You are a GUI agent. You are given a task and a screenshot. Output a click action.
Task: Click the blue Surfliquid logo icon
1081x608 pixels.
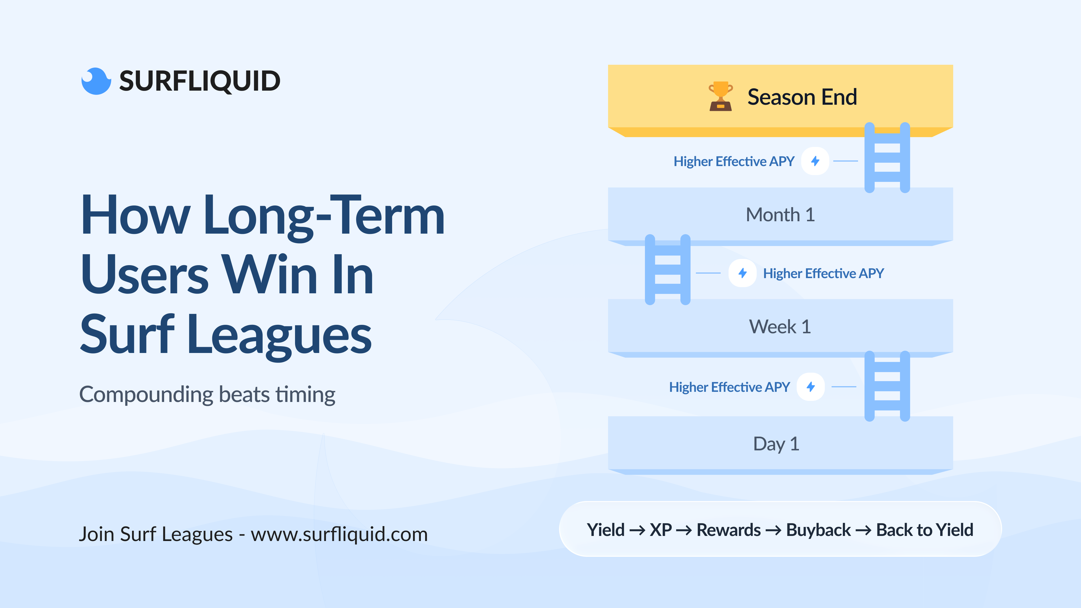[x=96, y=81]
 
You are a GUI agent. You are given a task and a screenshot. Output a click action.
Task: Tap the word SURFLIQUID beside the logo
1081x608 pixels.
[x=200, y=81]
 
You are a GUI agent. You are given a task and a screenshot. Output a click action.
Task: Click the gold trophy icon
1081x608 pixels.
[x=721, y=96]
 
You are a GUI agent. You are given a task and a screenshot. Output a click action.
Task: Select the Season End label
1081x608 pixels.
[x=802, y=97]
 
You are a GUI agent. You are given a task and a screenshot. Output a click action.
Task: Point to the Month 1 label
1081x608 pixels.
[x=780, y=215]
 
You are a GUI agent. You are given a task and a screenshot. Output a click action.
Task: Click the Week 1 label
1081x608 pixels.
[x=780, y=327]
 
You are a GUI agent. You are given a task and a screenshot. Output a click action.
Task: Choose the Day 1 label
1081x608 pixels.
[x=776, y=444]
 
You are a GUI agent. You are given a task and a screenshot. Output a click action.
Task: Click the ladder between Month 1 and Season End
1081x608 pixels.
[x=887, y=158]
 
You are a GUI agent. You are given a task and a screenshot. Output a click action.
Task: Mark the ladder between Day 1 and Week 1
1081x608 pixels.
[x=887, y=386]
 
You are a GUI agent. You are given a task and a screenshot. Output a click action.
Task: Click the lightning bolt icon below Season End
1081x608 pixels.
[x=815, y=161]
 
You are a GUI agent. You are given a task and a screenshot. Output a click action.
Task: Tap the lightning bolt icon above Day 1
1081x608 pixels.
[x=811, y=387]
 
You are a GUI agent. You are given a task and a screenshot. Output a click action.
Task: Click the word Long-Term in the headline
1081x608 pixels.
[x=324, y=216]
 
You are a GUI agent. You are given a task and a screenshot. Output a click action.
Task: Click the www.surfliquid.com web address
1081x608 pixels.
[x=339, y=534]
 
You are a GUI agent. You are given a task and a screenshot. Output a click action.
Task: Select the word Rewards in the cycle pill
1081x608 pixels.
[x=729, y=530]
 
